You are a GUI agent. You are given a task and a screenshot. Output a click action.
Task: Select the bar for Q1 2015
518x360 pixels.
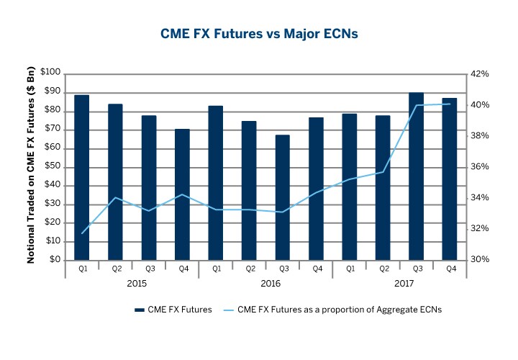pyautogui.click(x=81, y=176)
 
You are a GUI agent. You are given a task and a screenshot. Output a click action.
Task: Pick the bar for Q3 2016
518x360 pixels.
pyautogui.click(x=283, y=197)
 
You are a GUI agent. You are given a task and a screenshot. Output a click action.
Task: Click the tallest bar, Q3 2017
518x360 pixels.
pyautogui.click(x=417, y=176)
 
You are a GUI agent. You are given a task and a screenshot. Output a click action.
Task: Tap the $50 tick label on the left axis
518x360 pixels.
pyautogui.click(x=50, y=167)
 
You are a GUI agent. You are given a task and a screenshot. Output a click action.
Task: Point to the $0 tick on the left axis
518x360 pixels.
pyautogui.click(x=53, y=260)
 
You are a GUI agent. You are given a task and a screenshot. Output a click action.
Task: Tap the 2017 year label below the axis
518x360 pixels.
pyautogui.click(x=400, y=284)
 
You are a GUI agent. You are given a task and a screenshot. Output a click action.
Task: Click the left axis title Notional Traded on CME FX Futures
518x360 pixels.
pyautogui.click(x=32, y=166)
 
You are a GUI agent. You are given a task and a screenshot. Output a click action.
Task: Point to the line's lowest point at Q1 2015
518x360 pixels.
pyautogui.click(x=83, y=233)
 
